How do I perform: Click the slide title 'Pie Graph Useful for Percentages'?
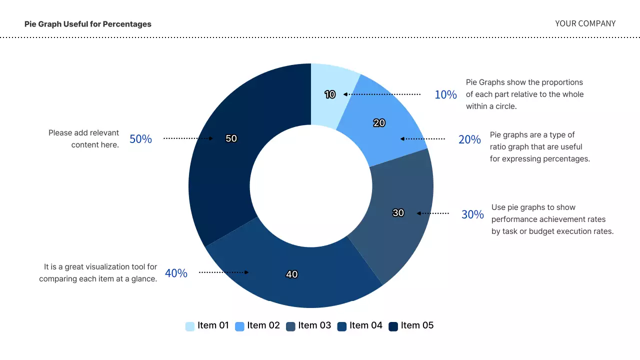[87, 24]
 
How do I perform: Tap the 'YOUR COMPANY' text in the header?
[585, 23]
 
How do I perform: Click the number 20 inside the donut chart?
[379, 123]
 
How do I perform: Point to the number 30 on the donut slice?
[398, 213]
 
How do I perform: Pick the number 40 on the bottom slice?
[292, 274]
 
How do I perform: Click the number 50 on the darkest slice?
[231, 138]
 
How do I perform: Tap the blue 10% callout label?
[445, 94]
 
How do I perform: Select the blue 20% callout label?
[469, 139]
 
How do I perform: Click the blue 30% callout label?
[472, 214]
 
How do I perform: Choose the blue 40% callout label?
[176, 273]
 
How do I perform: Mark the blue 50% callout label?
[140, 139]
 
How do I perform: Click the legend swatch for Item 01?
[190, 326]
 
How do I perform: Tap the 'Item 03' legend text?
[314, 325]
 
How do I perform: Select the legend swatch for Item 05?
[393, 326]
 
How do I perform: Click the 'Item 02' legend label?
[263, 325]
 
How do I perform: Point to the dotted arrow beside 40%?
[223, 272]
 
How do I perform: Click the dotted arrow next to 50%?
[188, 138]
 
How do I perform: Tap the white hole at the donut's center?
[311, 185]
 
